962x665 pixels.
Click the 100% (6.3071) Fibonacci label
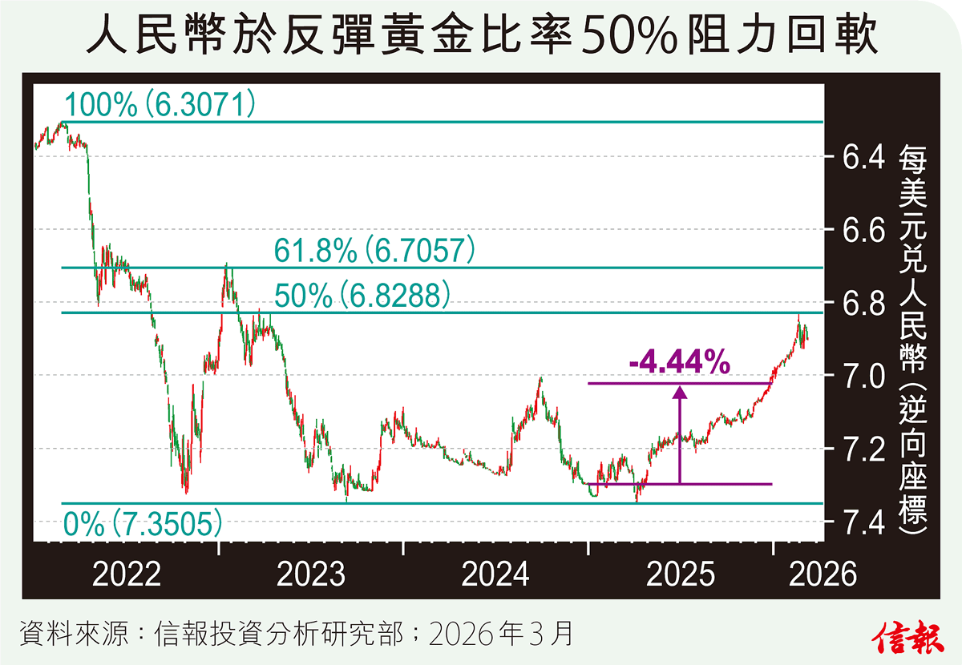pos(160,104)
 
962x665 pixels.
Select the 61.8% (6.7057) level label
pos(375,251)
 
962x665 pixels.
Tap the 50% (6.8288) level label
pos(361,296)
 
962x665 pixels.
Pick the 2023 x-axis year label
pos(311,574)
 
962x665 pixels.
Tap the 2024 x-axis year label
pos(495,574)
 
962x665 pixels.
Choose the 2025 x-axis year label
pos(681,574)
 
